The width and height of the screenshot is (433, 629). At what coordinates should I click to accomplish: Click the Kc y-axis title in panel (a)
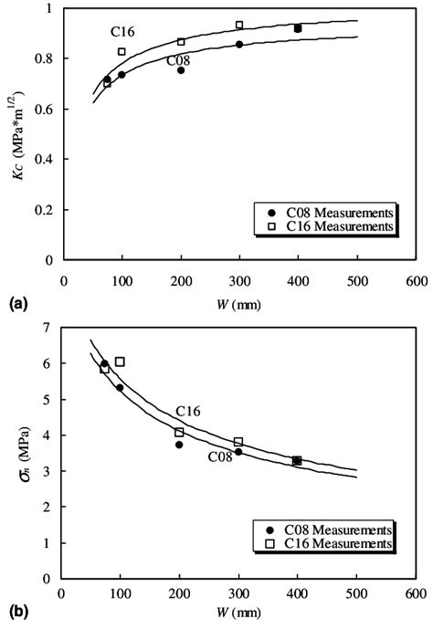[18, 134]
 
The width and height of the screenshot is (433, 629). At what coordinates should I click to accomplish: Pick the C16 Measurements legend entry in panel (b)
[340, 544]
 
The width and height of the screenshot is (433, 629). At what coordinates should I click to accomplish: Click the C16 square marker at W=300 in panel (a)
[239, 25]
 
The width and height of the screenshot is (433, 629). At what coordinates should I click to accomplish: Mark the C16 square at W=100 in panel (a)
[121, 51]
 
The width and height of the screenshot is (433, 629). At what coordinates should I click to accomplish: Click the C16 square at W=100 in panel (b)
[120, 362]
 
